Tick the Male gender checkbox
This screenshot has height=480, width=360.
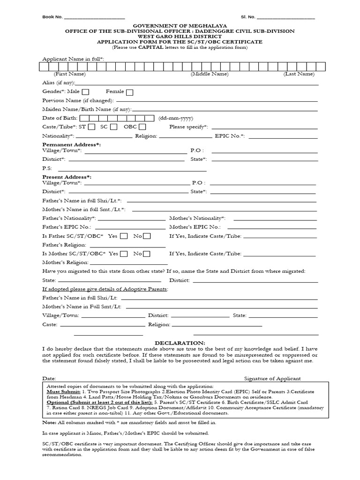coord(86,92)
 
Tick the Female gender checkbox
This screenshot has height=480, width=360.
coord(129,92)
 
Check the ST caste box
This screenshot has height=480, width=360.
coord(92,127)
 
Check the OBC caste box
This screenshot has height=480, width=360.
coord(142,127)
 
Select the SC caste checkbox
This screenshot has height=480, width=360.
coord(113,127)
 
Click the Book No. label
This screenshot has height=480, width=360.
coord(52,17)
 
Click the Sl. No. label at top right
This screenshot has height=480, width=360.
coord(248,17)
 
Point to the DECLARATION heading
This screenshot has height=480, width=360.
coord(180,343)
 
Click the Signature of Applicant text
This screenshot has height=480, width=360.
coord(272,378)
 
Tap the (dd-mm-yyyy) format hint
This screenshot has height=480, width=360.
coord(176,118)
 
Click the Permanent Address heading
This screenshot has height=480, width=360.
coord(71,145)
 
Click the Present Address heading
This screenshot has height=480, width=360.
coord(67,177)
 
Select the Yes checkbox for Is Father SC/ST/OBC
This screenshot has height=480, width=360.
coord(124,236)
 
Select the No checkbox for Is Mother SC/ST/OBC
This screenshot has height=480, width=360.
coord(147,254)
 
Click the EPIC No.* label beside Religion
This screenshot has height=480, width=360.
coord(230,136)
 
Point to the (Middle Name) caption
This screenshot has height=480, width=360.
coord(210,74)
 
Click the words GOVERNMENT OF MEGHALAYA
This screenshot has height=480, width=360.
coord(180,25)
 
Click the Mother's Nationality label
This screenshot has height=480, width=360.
coord(197,218)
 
